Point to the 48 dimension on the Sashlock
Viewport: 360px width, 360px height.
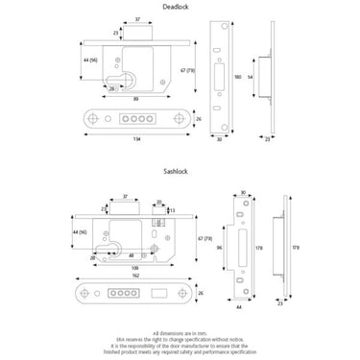pos(132,256)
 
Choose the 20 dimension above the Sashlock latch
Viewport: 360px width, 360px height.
pos(159,202)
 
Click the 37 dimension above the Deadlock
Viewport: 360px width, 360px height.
pos(136,19)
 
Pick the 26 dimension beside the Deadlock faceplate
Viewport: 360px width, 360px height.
pos(197,119)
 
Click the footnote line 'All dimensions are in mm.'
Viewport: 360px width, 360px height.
pos(180,328)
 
